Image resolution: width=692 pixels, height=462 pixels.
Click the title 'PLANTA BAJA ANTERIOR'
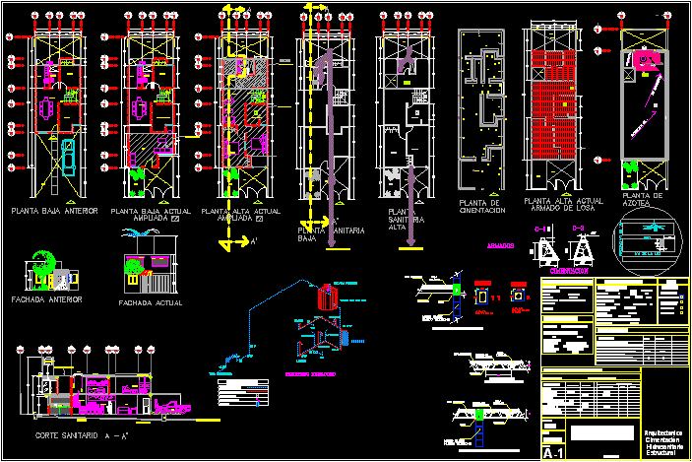tap(54, 210)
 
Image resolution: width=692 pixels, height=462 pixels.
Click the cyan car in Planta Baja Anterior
tap(68, 156)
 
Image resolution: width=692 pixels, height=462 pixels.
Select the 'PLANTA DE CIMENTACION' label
tap(482, 207)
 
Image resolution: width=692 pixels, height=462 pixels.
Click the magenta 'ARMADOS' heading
tap(501, 246)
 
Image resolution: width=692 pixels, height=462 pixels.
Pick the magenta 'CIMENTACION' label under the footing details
tap(570, 269)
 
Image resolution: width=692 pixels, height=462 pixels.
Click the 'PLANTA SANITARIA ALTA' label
tap(405, 220)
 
